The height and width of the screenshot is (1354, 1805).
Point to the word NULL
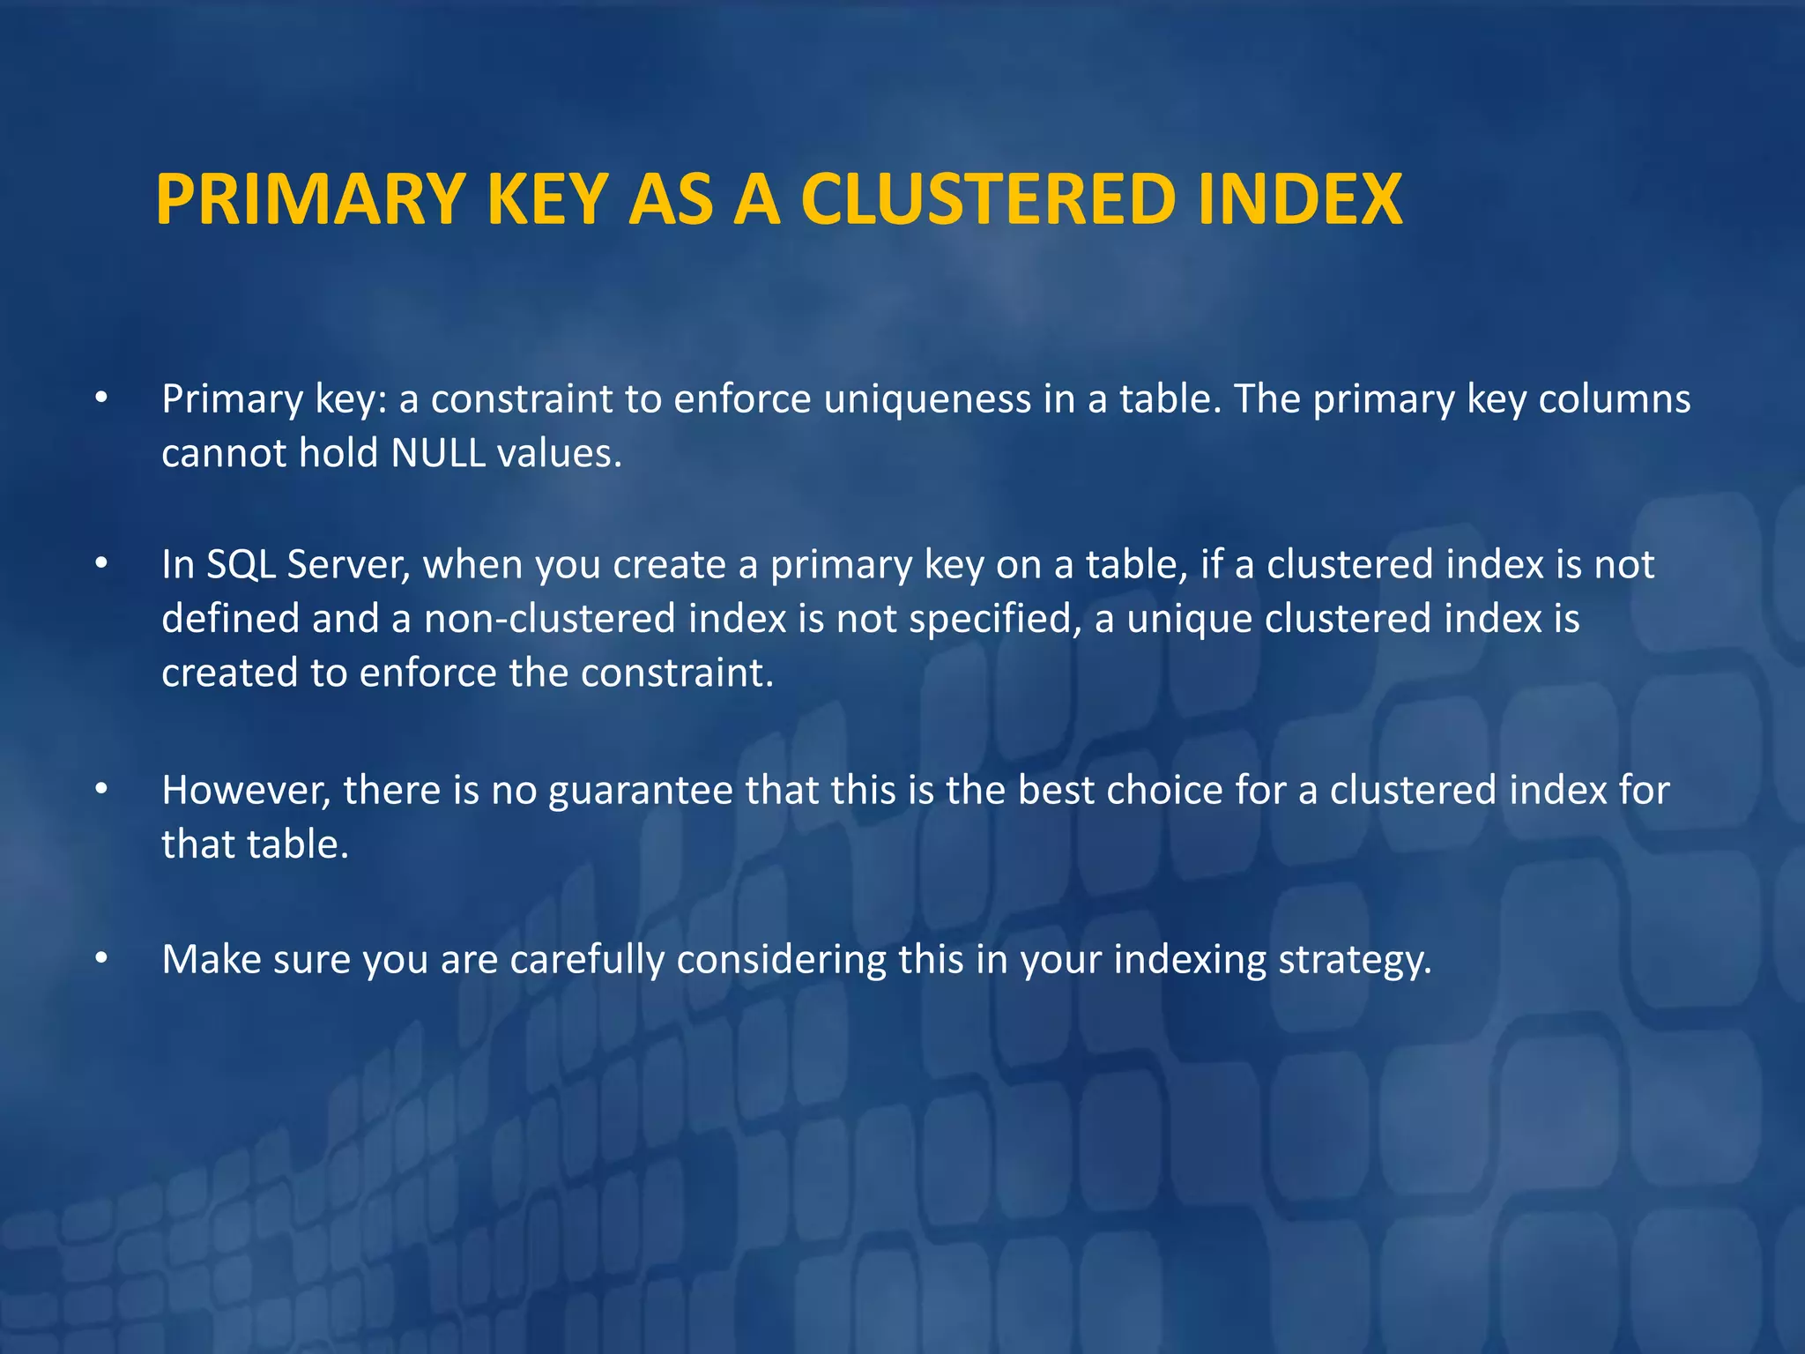(438, 453)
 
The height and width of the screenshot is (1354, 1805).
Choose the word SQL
(240, 564)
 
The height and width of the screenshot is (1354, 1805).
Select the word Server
(348, 566)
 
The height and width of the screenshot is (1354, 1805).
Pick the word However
(246, 791)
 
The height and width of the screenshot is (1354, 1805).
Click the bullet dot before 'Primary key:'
(102, 399)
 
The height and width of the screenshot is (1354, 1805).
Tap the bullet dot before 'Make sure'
(102, 958)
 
